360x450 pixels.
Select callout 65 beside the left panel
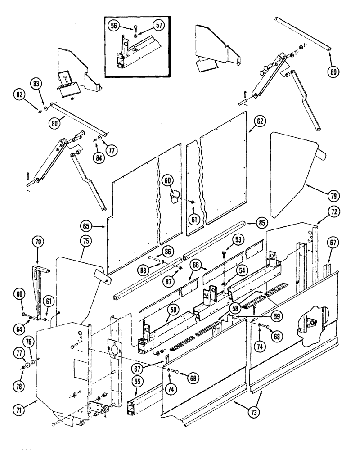coord(88,225)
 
